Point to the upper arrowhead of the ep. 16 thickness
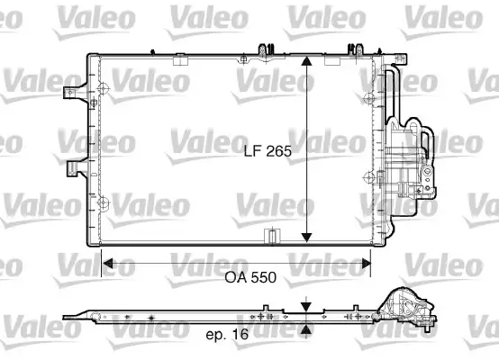click(x=307, y=305)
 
